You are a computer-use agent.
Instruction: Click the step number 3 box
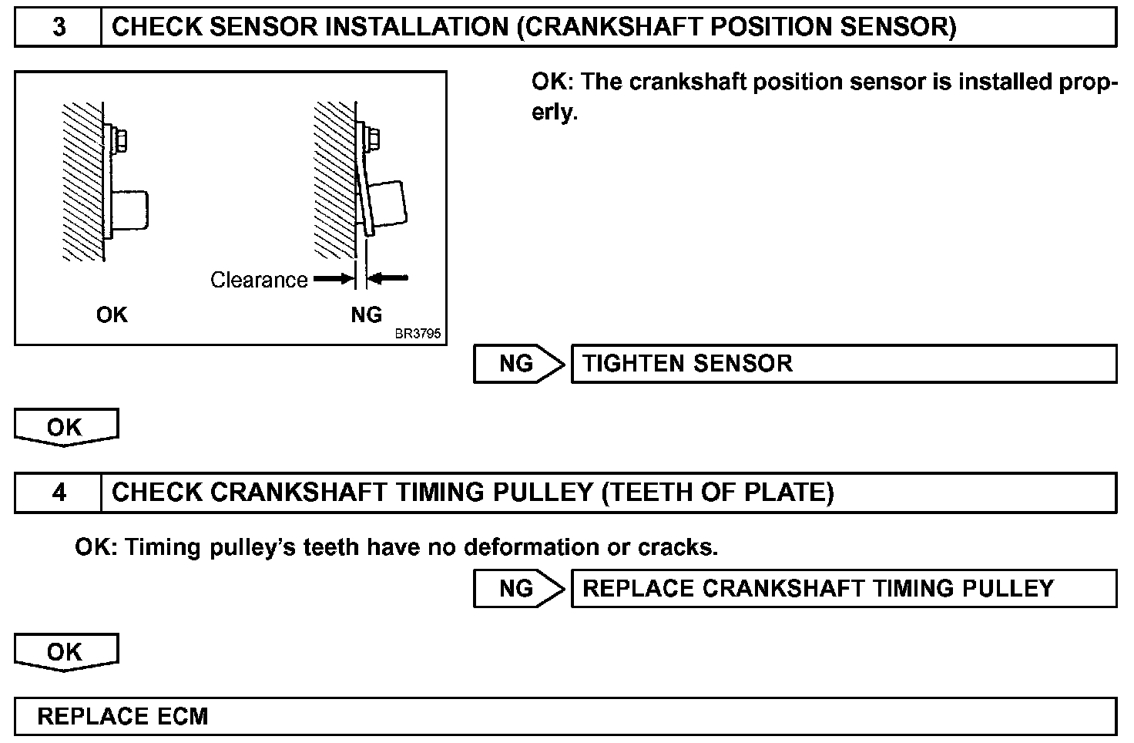click(59, 28)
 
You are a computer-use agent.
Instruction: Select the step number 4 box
click(59, 493)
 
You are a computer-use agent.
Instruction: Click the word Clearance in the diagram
click(259, 280)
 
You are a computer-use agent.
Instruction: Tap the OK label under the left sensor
click(112, 314)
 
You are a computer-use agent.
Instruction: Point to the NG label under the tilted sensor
click(366, 314)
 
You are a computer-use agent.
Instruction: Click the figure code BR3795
click(418, 335)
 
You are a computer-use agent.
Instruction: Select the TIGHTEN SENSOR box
click(843, 364)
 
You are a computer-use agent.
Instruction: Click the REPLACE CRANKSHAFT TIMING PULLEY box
click(843, 589)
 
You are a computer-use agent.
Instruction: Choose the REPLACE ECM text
click(122, 716)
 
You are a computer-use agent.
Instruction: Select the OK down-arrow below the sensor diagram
click(65, 427)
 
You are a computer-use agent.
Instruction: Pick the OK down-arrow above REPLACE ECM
click(65, 652)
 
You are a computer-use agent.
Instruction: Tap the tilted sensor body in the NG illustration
click(386, 205)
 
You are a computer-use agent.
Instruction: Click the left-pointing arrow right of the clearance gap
click(389, 278)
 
